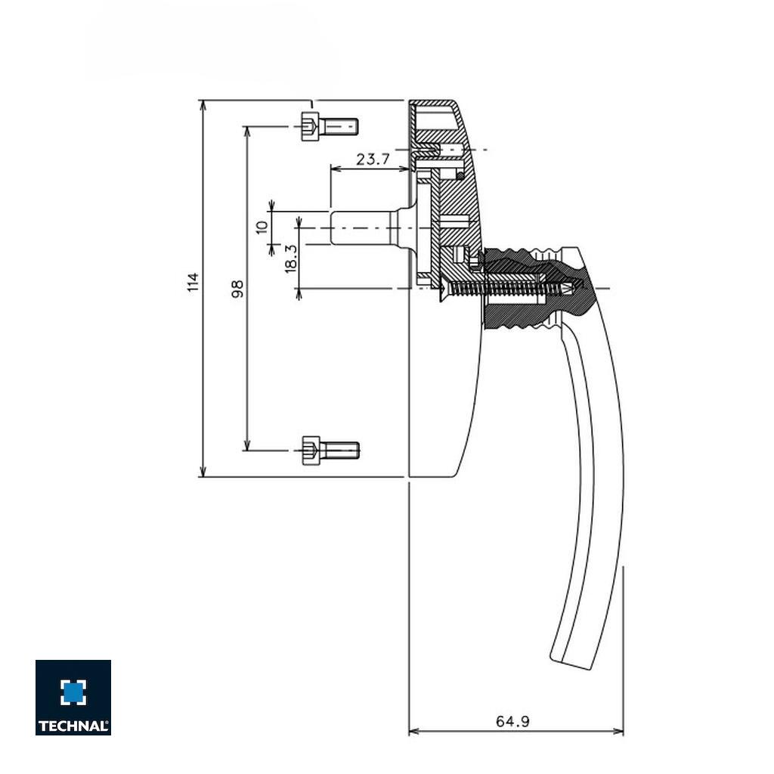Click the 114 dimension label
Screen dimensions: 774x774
193,283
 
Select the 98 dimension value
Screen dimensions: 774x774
237,289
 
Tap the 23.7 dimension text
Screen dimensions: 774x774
372,159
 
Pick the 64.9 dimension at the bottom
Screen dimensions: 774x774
512,722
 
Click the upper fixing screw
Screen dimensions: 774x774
329,125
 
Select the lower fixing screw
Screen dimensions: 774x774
330,450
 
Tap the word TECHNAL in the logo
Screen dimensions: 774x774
73,726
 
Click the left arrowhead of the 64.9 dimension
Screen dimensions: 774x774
413,732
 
